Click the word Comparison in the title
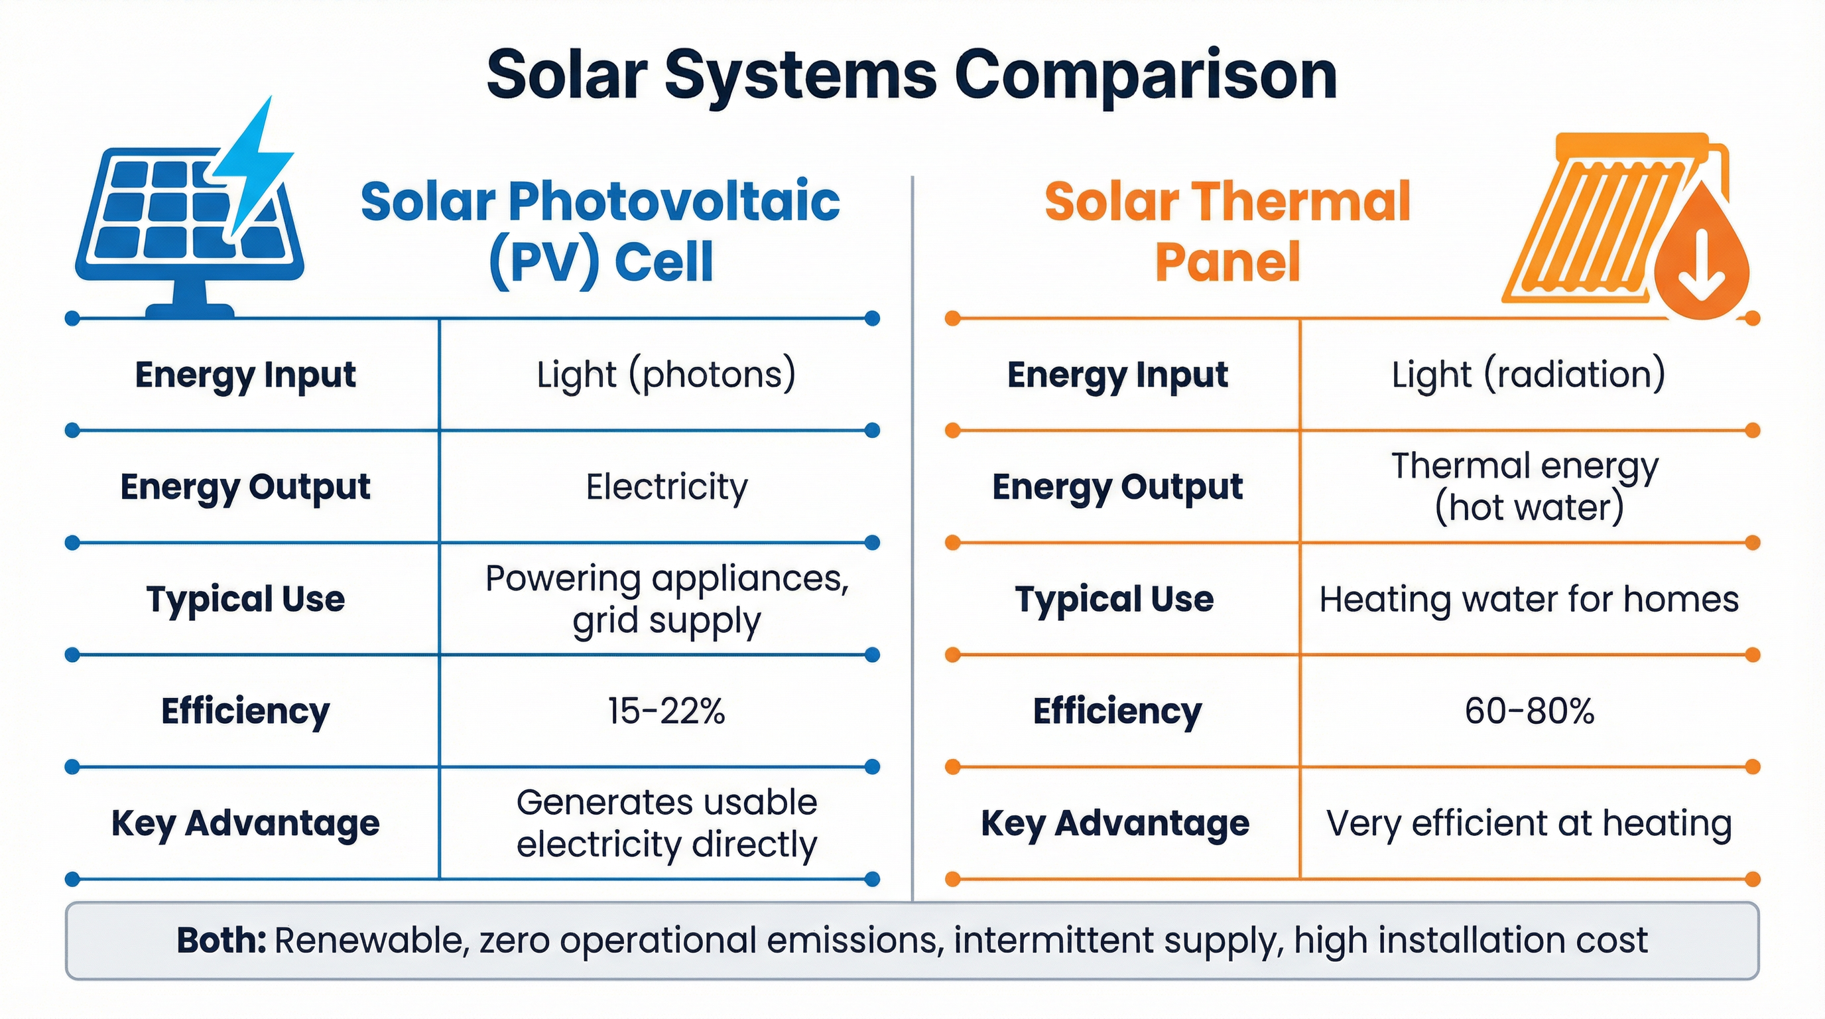(x=1145, y=76)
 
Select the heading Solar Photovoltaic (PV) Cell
(x=600, y=231)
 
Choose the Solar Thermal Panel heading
(x=1227, y=231)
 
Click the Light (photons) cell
(x=666, y=374)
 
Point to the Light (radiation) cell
(x=1528, y=374)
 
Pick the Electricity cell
(x=666, y=487)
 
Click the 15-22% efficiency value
(x=666, y=711)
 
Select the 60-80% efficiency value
(x=1529, y=711)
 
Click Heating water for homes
(x=1528, y=600)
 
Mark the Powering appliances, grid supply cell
(x=666, y=600)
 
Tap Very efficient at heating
(x=1528, y=823)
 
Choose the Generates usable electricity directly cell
(x=666, y=823)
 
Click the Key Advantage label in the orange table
(x=1115, y=823)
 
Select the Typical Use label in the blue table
(x=245, y=600)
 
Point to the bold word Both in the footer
(x=220, y=940)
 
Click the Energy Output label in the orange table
(x=1117, y=487)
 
